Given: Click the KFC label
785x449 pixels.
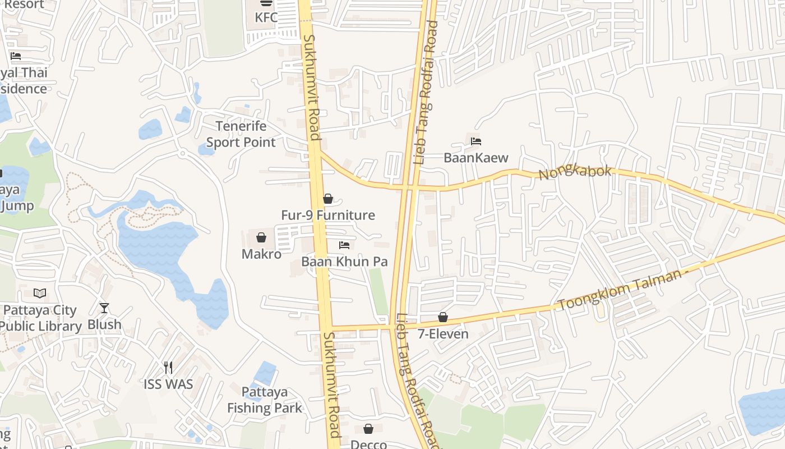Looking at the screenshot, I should (x=266, y=17).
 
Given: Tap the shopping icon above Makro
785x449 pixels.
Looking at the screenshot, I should (x=261, y=237).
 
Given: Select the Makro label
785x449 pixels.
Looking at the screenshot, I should (x=261, y=254).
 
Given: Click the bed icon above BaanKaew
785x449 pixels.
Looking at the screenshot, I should (x=476, y=141).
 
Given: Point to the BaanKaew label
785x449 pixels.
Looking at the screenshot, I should (x=476, y=158).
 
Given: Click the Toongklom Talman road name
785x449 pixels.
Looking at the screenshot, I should (x=622, y=290).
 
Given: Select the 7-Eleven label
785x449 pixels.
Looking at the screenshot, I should (x=443, y=334).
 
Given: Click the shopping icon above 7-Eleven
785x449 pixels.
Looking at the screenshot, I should (x=443, y=318).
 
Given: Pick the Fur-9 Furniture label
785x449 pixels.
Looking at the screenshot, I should (x=328, y=215).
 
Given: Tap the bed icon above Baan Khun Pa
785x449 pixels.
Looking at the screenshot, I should (x=344, y=245).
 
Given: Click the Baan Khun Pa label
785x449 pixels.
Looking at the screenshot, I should (x=344, y=262).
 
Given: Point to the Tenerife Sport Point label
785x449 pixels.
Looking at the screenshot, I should (x=241, y=134).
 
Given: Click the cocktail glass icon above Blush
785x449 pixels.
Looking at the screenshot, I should (x=104, y=308).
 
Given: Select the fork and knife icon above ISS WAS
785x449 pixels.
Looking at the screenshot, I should (x=168, y=368).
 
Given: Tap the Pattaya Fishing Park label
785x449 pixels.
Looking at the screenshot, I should (x=265, y=400).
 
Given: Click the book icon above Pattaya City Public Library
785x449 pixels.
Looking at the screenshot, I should (x=39, y=294).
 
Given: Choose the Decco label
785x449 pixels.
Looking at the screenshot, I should (x=368, y=445).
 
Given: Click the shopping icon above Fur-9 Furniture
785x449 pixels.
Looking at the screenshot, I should (x=328, y=199).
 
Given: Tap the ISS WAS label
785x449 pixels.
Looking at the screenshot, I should (x=168, y=384).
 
